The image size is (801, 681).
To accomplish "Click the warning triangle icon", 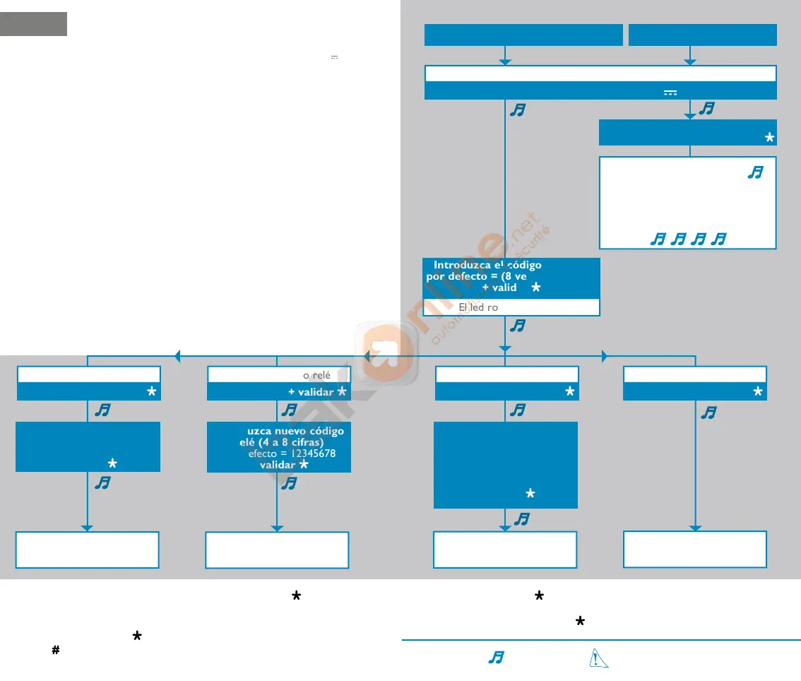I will point(598,658).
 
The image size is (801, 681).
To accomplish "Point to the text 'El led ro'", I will point(478,307).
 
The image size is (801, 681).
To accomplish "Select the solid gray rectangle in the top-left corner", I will point(33,23).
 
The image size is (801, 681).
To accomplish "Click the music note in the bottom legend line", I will point(496,658).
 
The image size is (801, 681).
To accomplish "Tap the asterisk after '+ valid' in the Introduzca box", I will point(536,288).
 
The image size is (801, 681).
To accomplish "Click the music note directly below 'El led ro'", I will point(518,326).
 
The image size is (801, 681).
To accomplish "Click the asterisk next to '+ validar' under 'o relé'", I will point(342,392).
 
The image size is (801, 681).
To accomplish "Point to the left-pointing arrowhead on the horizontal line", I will point(177,357).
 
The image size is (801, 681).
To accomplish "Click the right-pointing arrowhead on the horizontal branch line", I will point(604,357).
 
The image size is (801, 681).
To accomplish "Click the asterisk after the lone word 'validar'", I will point(304,465).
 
